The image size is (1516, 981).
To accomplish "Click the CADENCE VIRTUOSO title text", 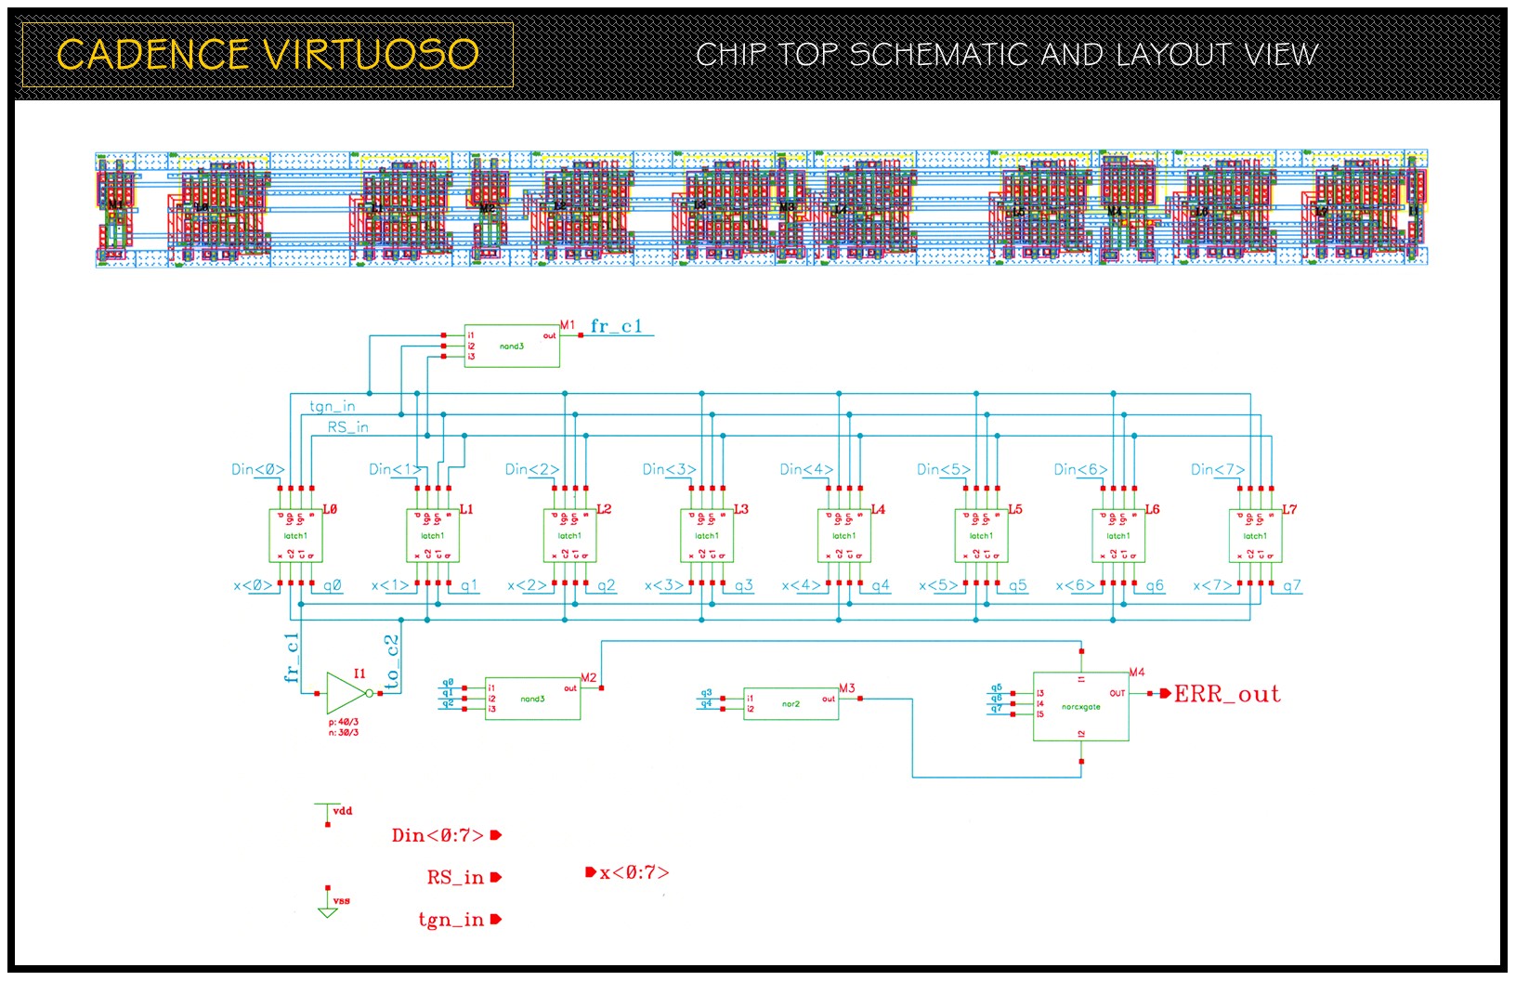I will tap(268, 54).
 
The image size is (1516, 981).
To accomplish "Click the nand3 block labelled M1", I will tap(512, 346).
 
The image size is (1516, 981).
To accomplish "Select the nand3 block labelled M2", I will tap(532, 699).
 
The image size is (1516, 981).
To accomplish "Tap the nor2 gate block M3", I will tap(791, 703).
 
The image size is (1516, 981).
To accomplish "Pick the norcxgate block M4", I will tap(1080, 706).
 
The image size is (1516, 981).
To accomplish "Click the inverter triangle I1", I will tap(346, 693).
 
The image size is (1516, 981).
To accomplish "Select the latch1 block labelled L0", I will tap(295, 536).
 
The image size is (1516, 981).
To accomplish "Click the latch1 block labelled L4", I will tap(843, 536).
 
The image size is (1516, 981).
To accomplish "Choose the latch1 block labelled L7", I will tap(1255, 536).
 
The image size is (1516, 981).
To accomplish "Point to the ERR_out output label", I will tap(1226, 694).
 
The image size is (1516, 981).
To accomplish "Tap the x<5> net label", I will tap(938, 586).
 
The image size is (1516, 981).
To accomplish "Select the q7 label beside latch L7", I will tap(1292, 586).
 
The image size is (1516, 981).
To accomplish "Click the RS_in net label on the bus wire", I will tap(347, 427).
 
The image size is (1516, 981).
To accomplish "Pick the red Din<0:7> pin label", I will tap(438, 835).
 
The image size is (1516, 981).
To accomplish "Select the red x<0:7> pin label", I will tap(634, 872).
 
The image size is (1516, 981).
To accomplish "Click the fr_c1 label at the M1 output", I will tap(616, 326).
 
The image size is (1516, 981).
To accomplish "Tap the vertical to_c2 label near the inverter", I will tap(391, 661).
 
